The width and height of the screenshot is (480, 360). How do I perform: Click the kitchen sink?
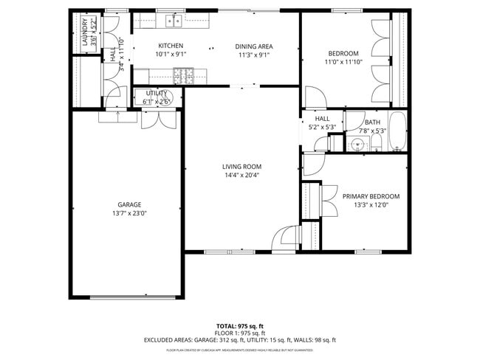pos(174,21)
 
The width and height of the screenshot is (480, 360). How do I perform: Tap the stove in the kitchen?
pos(182,74)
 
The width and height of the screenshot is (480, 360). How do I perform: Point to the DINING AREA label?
pos(254,46)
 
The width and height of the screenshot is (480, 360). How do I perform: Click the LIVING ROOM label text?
pos(241,167)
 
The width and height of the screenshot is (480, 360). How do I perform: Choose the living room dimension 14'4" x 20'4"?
pos(241,175)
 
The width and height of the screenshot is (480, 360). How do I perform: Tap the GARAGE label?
pos(129,205)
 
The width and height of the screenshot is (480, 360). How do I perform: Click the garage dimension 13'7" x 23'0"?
pos(129,213)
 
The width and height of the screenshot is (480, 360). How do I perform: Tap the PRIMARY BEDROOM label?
pos(371,196)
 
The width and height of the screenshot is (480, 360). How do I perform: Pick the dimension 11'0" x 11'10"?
pos(343,62)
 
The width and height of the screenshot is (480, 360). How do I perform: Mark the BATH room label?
pos(372,122)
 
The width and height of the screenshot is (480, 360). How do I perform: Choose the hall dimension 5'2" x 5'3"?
pos(322,127)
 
